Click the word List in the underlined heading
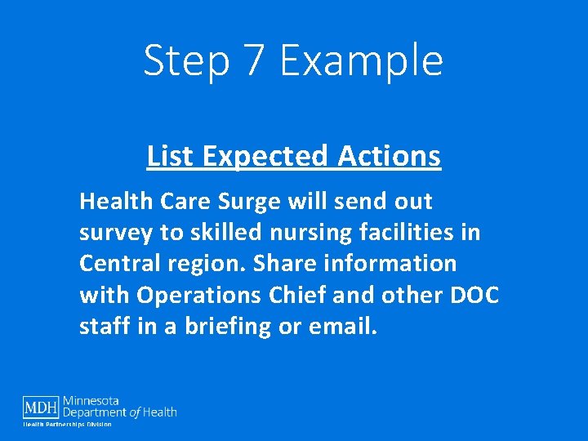point(169,155)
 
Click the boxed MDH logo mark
point(41,406)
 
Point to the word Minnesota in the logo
point(91,401)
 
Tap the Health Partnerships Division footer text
point(67,424)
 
